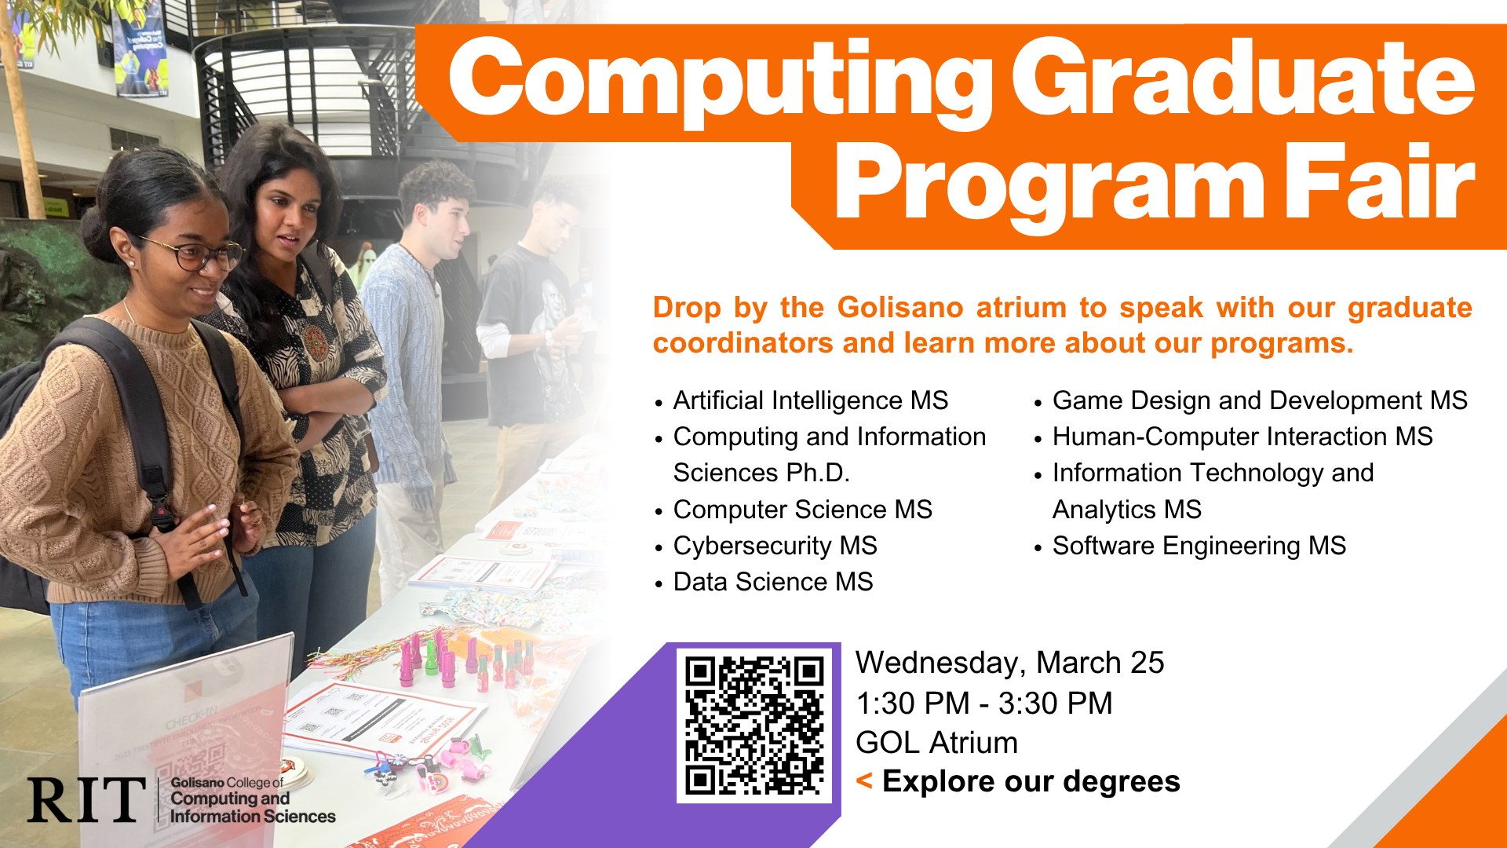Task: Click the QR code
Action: [753, 725]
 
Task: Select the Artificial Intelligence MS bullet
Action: [810, 400]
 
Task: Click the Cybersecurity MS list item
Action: [775, 546]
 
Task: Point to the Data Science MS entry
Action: [772, 582]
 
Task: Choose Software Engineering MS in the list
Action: [1199, 546]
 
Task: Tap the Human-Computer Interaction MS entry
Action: [1242, 437]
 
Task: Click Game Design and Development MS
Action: [1259, 400]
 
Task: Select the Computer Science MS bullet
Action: [802, 510]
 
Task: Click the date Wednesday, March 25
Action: [1009, 663]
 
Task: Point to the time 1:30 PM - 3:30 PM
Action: [983, 703]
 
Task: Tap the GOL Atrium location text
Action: [936, 742]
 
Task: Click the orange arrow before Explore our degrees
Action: [864, 780]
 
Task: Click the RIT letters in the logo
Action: [86, 800]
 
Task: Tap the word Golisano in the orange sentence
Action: [899, 307]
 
